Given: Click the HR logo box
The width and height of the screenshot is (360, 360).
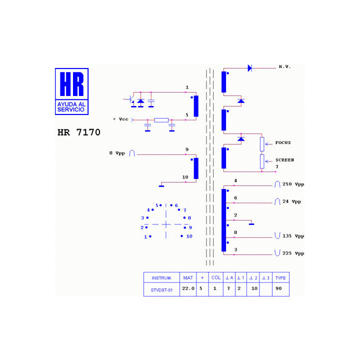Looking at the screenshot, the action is coord(71,91).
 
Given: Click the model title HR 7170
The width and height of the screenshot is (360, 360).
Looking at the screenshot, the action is coord(79,132).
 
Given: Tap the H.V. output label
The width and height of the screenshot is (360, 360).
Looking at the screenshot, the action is coord(284,66).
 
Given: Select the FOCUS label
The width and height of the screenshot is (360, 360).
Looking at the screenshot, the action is coord(283,142).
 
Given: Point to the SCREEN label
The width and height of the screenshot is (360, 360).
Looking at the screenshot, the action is coord(284,160).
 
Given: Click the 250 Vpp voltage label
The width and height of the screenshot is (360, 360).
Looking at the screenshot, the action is coord(293,184).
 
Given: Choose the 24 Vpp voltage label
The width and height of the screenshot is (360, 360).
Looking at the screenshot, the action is coord(291,201).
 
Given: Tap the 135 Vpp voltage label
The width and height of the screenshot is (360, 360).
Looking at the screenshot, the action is coord(293,236).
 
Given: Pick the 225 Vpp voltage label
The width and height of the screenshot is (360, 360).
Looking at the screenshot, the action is coord(293,253).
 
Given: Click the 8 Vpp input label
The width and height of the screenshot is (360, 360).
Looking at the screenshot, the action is coord(117,153).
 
